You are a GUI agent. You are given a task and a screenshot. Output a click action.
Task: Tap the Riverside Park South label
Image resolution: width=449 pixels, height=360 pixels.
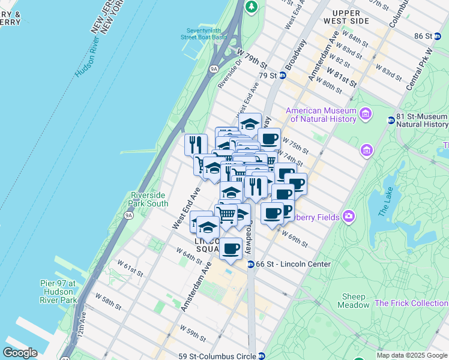click(149, 199)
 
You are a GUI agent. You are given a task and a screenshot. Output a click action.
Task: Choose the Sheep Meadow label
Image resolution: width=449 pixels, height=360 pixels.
click(354, 301)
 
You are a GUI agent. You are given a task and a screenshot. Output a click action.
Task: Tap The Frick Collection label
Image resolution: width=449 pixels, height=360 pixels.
click(411, 303)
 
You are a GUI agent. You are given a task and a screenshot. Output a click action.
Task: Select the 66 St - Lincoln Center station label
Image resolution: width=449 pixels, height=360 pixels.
click(286, 264)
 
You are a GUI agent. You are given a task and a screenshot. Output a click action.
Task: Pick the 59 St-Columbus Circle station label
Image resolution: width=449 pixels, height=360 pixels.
click(224, 355)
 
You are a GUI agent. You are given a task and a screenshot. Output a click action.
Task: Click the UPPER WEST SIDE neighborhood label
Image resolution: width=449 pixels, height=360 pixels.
click(351, 17)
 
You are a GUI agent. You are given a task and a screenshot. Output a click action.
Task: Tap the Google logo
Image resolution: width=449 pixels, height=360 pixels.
click(20, 353)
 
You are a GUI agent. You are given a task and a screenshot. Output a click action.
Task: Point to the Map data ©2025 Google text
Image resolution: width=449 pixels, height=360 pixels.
click(412, 355)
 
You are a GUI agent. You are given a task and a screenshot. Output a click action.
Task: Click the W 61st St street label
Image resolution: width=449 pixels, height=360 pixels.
click(130, 268)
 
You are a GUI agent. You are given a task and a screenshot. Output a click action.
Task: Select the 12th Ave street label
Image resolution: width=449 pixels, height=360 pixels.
click(83, 339)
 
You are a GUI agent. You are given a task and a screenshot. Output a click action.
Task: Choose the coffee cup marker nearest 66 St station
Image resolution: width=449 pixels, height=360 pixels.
click(231, 249)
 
